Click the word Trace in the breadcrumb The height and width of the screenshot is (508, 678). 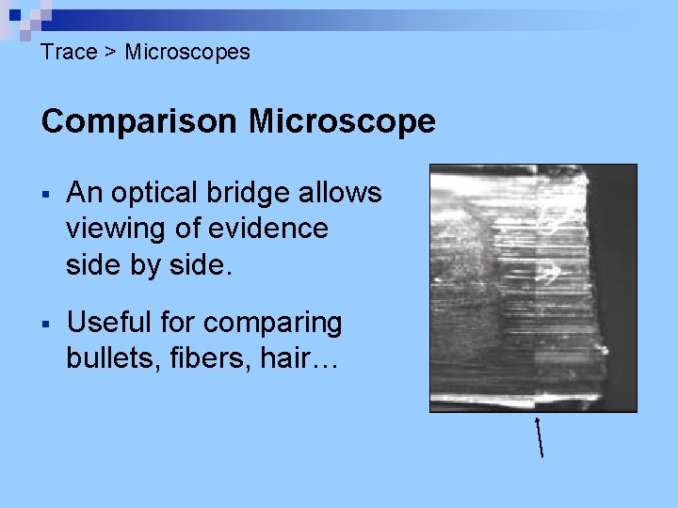[x=69, y=52]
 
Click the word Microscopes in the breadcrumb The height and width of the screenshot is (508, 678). [x=187, y=52]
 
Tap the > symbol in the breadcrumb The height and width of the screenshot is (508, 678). [x=110, y=52]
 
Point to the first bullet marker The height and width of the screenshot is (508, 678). [x=46, y=194]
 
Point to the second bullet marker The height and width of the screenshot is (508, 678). [x=46, y=324]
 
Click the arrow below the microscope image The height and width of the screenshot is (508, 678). [x=540, y=437]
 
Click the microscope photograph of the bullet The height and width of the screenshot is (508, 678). [x=533, y=288]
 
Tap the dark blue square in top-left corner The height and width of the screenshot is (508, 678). [x=15, y=15]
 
